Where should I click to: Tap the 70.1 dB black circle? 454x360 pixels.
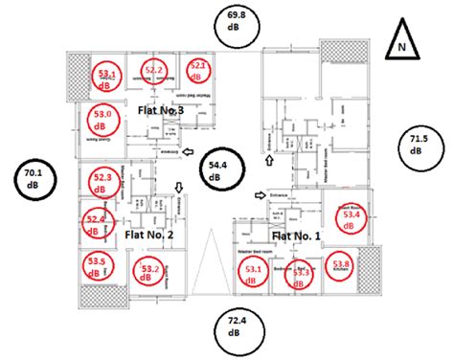pyautogui.click(x=34, y=178)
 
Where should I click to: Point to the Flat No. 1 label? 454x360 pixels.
pyautogui.click(x=297, y=236)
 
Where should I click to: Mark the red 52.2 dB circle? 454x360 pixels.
pyautogui.click(x=155, y=71)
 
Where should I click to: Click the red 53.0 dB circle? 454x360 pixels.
pyautogui.click(x=104, y=119)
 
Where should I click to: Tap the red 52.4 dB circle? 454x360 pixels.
pyautogui.click(x=96, y=223)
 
